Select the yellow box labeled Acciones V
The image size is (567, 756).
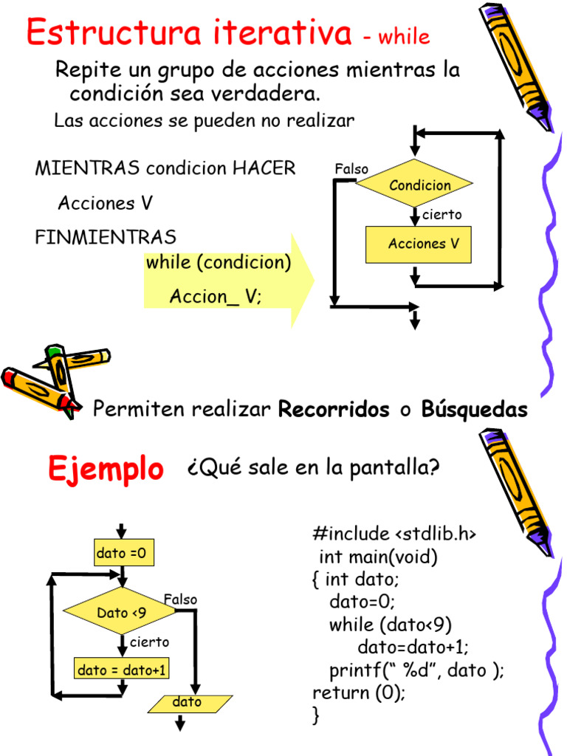tap(418, 244)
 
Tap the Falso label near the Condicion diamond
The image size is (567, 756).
tap(351, 170)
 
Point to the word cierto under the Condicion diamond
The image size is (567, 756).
tap(441, 215)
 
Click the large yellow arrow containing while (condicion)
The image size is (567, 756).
tap(229, 280)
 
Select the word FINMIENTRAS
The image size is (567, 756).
tap(106, 237)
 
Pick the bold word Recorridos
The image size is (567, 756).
tap(334, 410)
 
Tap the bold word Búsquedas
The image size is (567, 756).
tap(475, 410)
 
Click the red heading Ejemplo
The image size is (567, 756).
tap(106, 469)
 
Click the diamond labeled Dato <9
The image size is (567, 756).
tap(122, 612)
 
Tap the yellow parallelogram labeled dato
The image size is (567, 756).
tap(189, 703)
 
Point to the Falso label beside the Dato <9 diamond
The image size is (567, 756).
tap(180, 599)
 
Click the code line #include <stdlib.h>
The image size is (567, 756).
tap(394, 533)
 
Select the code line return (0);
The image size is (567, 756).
tap(360, 693)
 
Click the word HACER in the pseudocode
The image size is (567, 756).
tap(264, 168)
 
